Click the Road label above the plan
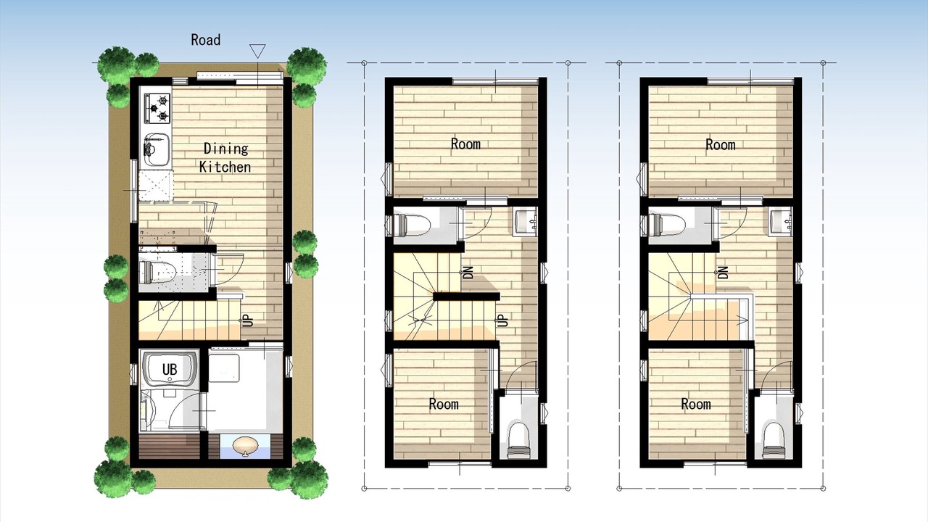205,40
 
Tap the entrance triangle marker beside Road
257,51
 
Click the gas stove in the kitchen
157,108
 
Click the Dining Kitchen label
225,158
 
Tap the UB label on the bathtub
170,369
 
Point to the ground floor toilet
157,272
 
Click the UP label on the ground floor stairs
247,320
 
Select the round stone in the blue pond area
245,446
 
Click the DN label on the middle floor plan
468,272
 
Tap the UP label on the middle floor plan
502,320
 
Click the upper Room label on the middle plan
465,144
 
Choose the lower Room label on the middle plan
444,404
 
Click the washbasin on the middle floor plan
525,222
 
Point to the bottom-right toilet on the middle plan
518,439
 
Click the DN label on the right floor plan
724,272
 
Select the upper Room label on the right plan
721,144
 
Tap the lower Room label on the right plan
696,404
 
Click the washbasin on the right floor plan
780,222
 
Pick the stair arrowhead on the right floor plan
744,320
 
